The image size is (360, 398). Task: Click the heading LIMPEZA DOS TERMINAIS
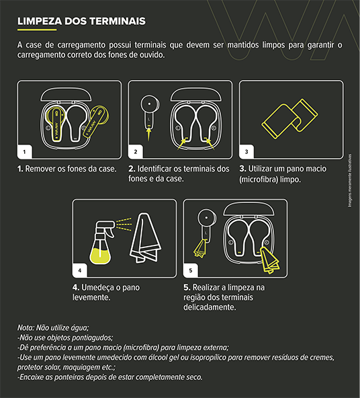click(81, 22)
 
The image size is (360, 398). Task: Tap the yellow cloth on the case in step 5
click(271, 260)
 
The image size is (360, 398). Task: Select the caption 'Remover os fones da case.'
click(66, 168)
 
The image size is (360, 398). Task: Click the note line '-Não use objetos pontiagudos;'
click(65, 337)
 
